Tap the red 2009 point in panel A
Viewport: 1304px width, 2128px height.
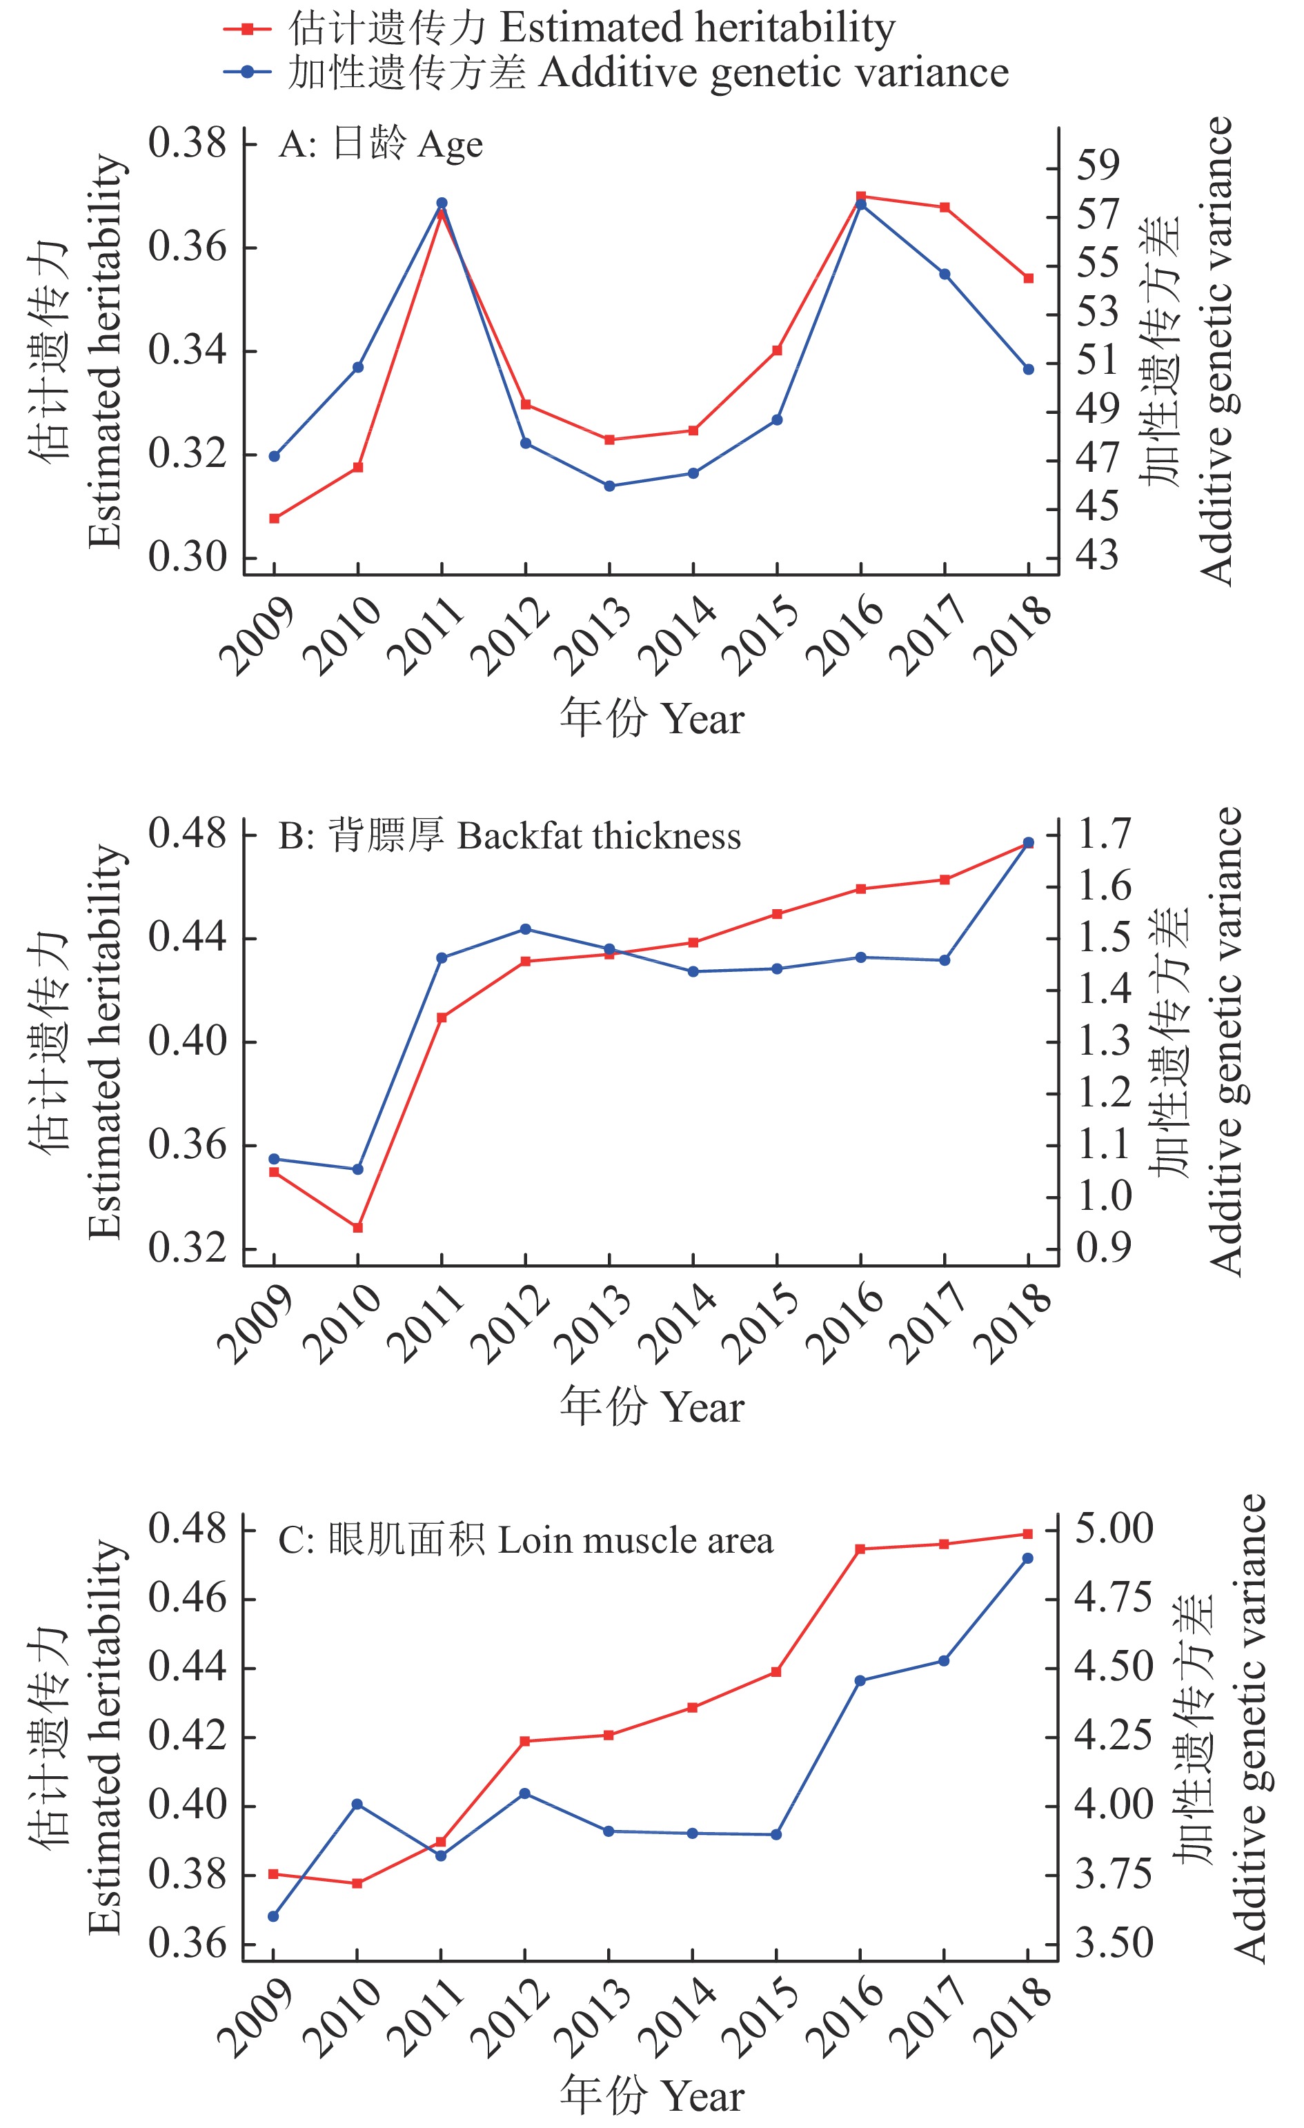(x=275, y=519)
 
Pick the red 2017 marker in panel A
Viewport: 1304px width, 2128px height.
(x=945, y=207)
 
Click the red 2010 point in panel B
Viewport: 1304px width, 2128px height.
(x=357, y=1227)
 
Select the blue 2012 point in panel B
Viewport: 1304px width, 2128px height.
(x=526, y=929)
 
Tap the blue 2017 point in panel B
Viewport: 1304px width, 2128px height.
(x=945, y=960)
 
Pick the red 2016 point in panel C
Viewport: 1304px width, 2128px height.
(x=860, y=1549)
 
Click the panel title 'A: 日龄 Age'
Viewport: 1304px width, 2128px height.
(x=381, y=144)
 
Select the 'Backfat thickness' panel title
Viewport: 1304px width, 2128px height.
(x=509, y=836)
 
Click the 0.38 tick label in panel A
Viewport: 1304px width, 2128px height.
(x=186, y=143)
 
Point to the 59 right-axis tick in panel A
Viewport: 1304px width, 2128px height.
(x=1097, y=164)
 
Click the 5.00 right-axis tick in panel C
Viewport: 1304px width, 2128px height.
(x=1113, y=1528)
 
